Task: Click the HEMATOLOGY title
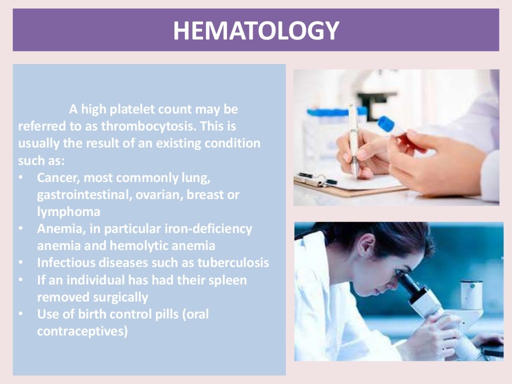(255, 30)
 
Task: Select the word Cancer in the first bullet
(55, 177)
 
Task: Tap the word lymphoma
(68, 211)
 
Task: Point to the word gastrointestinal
(83, 194)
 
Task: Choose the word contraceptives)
(82, 331)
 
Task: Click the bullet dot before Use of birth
(20, 314)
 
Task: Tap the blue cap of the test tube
(386, 124)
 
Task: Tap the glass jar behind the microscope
(471, 294)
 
